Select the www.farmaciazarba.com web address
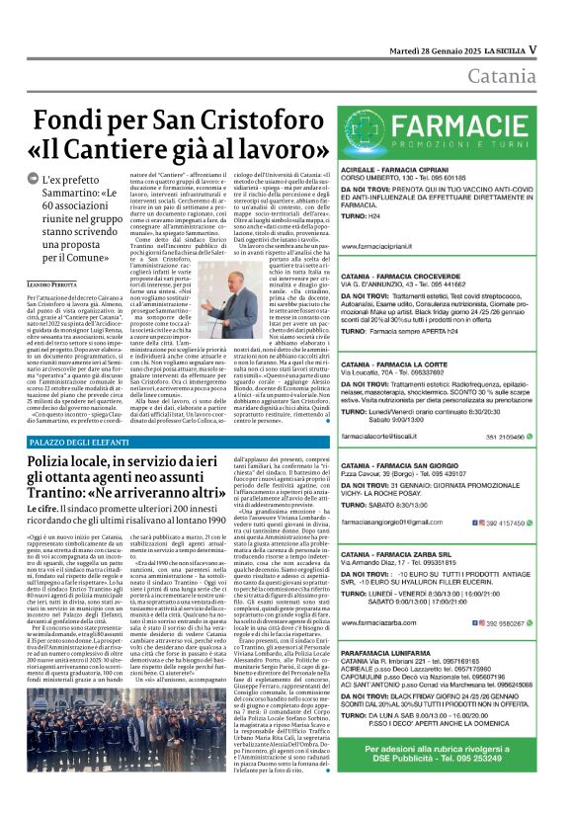pos(384,624)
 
